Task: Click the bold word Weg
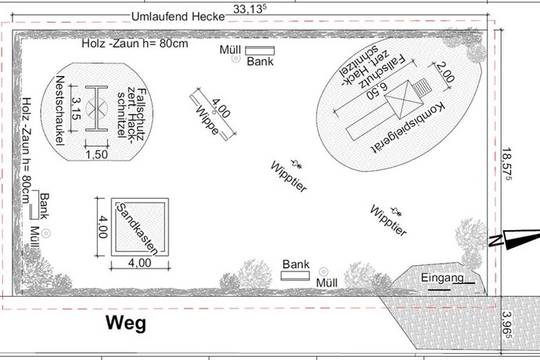126,324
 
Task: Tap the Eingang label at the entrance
442,278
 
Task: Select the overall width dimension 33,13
250,9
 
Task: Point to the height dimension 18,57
507,164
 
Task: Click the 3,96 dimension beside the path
507,325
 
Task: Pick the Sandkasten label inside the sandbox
138,229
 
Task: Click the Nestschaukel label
60,110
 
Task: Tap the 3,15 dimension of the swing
76,109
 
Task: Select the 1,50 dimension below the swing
97,154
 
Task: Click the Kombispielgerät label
409,127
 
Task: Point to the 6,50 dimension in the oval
377,90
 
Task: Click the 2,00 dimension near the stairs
445,72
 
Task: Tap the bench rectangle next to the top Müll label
260,51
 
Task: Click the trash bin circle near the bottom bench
323,272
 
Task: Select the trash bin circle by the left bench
46,233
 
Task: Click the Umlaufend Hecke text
178,16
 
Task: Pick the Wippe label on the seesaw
207,121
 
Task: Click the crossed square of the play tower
404,100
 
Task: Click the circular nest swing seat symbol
97,109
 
